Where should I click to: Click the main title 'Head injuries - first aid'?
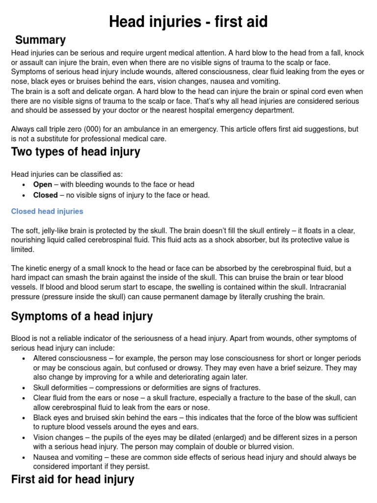coord(188,22)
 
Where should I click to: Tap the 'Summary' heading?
coord(40,40)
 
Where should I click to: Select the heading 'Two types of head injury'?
coord(76,152)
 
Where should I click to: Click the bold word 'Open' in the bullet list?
coord(42,185)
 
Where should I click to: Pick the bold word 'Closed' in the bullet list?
coord(45,195)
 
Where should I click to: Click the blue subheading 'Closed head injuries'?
coord(47,211)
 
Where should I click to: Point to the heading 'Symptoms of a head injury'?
coord(81,317)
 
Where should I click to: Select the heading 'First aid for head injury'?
coord(72,479)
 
